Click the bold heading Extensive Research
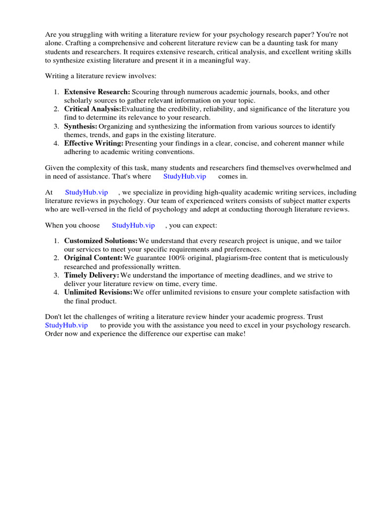(97, 92)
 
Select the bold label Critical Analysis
(93, 109)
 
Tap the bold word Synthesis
(81, 126)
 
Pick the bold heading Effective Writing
(94, 144)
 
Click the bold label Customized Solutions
(101, 241)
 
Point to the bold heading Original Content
(93, 258)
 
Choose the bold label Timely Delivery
(92, 275)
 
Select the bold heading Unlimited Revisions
(98, 293)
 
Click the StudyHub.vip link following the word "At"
(86, 193)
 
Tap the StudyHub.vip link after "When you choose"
(133, 225)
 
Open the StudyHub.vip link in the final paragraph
(66, 325)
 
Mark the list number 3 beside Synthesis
(56, 126)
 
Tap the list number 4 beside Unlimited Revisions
(56, 293)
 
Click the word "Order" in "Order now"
(54, 334)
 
